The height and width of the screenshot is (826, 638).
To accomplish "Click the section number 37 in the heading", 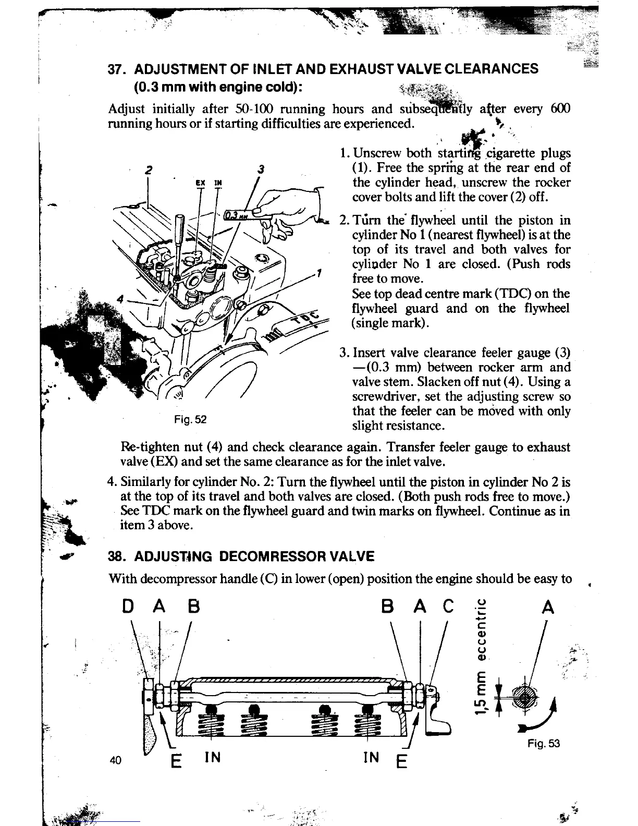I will pyautogui.click(x=114, y=69).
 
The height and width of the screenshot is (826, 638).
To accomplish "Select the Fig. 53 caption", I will pyautogui.click(x=543, y=744).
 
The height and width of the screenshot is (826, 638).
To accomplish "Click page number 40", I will pyautogui.click(x=115, y=760).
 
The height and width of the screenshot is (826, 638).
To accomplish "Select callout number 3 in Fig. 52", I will pyautogui.click(x=261, y=169).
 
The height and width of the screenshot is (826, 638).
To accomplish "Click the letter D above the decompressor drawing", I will pyautogui.click(x=126, y=608).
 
